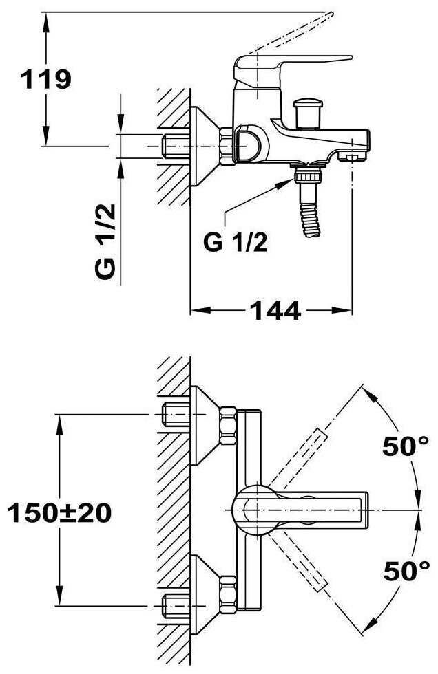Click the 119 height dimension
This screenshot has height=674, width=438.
pyautogui.click(x=46, y=80)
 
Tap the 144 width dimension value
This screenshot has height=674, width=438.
pyautogui.click(x=274, y=312)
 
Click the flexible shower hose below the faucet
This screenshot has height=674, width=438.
pyautogui.click(x=309, y=219)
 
